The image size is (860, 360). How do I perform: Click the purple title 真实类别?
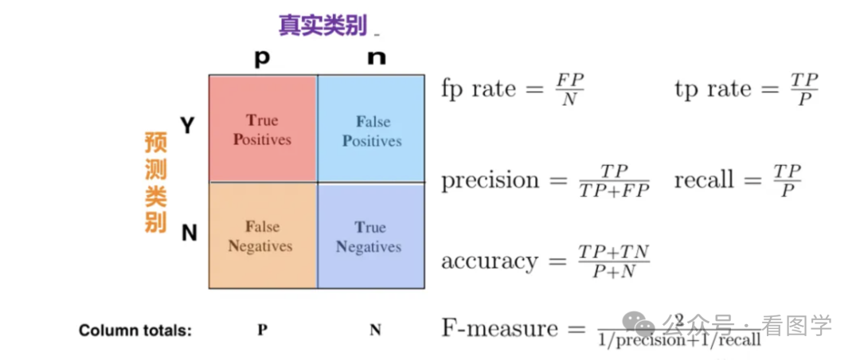tap(322, 25)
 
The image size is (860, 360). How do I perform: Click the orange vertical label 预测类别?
tap(155, 182)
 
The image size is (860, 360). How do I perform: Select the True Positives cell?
tap(262, 130)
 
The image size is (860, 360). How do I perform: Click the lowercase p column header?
tap(261, 58)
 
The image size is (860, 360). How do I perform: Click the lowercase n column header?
tap(377, 58)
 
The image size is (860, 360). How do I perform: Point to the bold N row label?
tap(189, 233)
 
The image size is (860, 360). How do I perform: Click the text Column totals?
tap(135, 331)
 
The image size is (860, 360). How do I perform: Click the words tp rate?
tap(713, 88)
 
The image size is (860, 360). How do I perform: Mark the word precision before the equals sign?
tap(490, 180)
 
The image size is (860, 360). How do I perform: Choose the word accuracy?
tap(490, 261)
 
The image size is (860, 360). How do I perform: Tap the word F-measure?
tap(500, 328)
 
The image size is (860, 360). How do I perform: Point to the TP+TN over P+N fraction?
tap(613, 262)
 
